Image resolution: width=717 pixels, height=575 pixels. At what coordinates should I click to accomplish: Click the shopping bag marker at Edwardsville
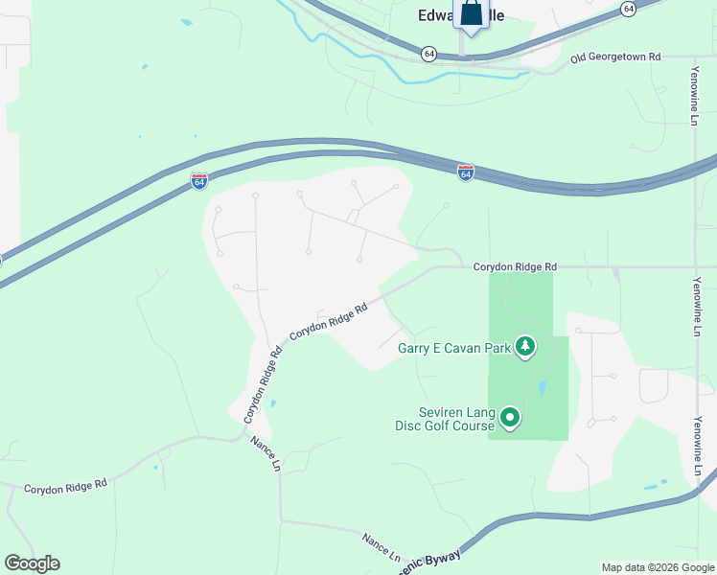point(471,16)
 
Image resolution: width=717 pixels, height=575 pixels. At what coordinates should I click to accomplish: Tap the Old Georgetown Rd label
point(615,57)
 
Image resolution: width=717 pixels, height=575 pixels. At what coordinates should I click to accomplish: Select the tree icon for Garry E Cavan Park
point(524,346)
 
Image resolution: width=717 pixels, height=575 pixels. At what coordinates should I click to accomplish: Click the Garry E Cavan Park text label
point(454,348)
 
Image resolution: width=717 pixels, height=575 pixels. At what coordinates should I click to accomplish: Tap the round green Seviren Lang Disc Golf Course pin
point(510,417)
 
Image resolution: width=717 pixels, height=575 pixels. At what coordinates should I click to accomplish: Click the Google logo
point(32,563)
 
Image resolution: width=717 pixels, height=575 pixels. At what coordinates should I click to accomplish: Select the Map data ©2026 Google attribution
point(657,567)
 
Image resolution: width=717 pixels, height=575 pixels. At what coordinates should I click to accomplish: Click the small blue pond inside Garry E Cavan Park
point(543,388)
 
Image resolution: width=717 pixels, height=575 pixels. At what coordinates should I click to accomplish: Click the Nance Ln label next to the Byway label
point(382,545)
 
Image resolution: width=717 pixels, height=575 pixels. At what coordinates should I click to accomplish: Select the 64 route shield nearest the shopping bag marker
point(428,54)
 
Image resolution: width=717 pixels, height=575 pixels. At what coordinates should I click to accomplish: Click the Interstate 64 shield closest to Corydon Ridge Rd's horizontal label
point(466,172)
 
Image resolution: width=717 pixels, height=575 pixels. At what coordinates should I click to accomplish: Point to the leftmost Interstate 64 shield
point(198,181)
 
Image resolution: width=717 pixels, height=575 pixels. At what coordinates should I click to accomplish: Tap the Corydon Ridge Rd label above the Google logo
point(65,487)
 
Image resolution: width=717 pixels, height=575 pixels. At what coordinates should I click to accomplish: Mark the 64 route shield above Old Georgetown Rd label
point(628,9)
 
